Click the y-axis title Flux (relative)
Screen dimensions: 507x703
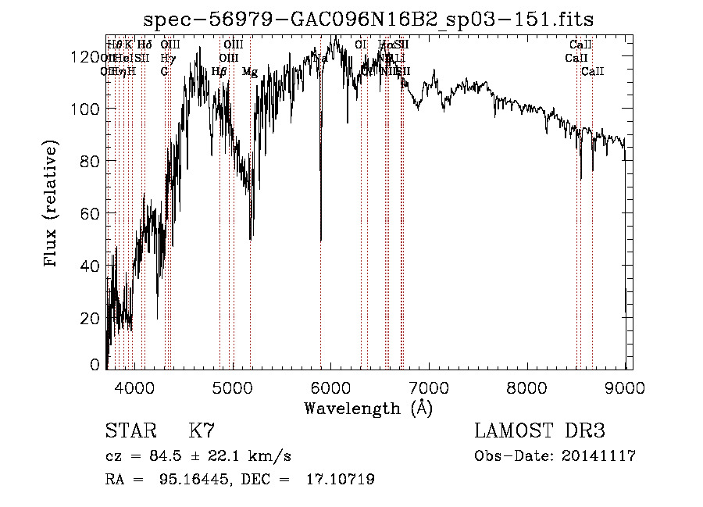pos(52,205)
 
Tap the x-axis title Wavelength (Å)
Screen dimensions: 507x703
pos(369,408)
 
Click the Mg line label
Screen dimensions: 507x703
pos(250,72)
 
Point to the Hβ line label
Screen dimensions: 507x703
pos(219,72)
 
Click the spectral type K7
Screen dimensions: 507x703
pos(202,431)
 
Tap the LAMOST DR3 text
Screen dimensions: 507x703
pos(540,431)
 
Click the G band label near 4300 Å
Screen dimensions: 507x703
pos(165,72)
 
